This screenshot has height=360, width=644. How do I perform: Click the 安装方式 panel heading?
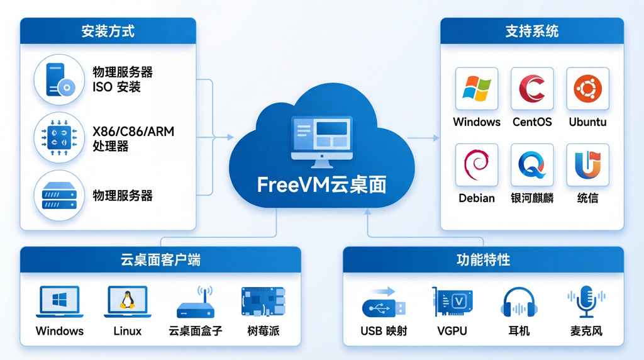click(x=108, y=31)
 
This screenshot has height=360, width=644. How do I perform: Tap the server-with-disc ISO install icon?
click(x=58, y=80)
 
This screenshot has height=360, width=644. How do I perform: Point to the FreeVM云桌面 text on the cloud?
click(x=321, y=184)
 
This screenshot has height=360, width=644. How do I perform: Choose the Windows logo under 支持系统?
click(x=476, y=89)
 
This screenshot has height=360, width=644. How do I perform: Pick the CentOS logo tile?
click(x=532, y=89)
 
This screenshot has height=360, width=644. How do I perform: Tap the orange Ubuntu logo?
click(x=587, y=89)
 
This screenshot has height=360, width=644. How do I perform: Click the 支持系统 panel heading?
click(x=531, y=31)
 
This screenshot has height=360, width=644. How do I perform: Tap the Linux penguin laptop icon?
click(x=127, y=302)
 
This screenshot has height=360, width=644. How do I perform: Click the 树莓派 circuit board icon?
click(x=263, y=302)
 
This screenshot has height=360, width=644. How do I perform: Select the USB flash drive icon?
click(x=384, y=305)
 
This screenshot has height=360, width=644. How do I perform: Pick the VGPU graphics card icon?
click(x=452, y=303)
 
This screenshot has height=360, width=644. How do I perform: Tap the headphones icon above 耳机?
click(x=519, y=303)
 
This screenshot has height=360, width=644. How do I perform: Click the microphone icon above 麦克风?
click(x=586, y=302)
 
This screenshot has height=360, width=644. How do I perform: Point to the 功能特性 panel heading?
click(x=483, y=259)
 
